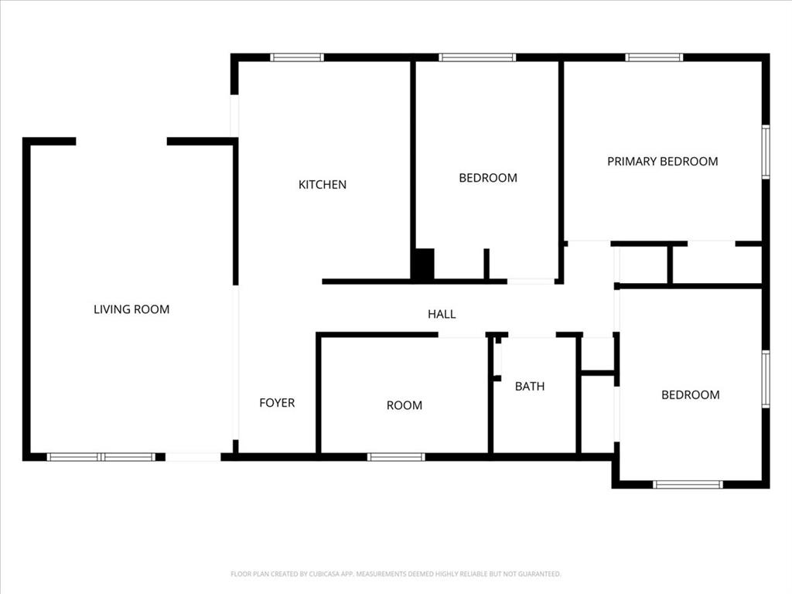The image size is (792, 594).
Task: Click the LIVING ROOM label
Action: [131, 309]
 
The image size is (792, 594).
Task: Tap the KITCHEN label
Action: [323, 185]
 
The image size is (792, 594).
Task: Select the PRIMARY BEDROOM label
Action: [662, 162]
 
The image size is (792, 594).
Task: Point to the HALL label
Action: [442, 314]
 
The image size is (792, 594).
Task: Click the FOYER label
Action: [277, 403]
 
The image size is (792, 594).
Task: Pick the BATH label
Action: [530, 386]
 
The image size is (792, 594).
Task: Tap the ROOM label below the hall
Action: [405, 405]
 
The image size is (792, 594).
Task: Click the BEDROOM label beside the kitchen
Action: [488, 178]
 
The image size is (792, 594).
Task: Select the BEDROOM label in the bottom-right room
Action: [690, 394]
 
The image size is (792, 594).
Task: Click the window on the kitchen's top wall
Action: [297, 57]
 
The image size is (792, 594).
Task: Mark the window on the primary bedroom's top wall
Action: [654, 57]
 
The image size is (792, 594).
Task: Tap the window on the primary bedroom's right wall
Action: [766, 152]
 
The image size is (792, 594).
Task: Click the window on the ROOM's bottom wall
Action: [396, 457]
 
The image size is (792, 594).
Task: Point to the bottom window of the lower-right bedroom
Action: [688, 485]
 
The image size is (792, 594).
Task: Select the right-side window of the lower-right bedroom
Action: [766, 379]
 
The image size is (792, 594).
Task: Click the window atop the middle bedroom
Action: [477, 57]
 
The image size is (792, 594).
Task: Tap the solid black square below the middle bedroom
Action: [423, 265]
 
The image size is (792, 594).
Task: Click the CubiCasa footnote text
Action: [396, 574]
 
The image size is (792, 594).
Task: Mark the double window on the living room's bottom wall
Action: [101, 457]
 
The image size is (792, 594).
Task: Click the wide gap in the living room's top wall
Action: [121, 142]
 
